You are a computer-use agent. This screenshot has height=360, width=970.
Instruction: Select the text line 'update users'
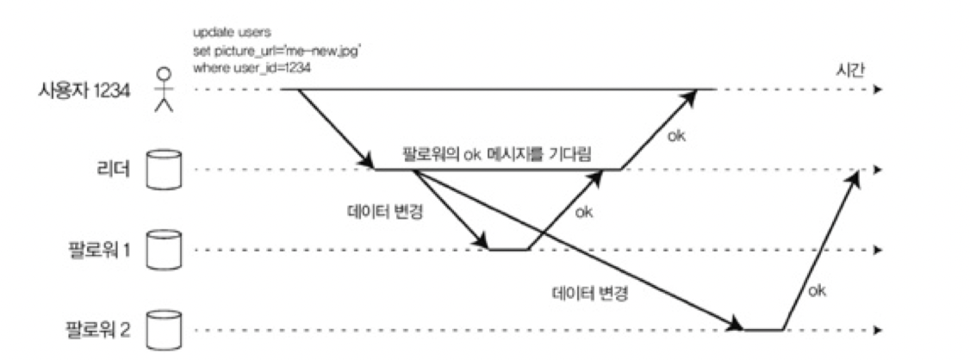pyautogui.click(x=222, y=33)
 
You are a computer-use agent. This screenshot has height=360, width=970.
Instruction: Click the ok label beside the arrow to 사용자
pyautogui.click(x=677, y=136)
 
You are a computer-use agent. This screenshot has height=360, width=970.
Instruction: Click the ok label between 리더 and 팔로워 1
pyautogui.click(x=584, y=210)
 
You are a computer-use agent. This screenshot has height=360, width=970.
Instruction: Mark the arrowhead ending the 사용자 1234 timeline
pyautogui.click(x=877, y=90)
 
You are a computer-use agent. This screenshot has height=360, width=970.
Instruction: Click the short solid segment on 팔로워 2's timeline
pyautogui.click(x=763, y=329)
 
